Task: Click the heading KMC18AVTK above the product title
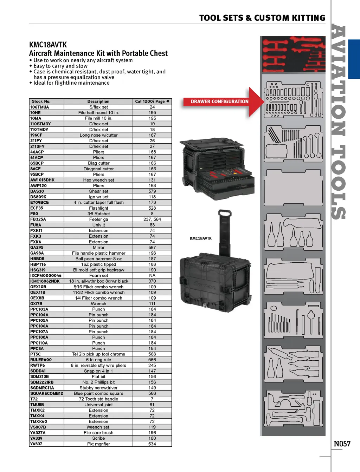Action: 48,45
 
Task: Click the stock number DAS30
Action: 37,191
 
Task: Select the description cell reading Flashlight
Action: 98,208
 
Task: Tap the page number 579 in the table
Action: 152,191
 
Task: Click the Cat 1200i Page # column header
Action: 152,101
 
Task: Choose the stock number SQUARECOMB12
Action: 47,394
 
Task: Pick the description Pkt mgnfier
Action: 98,444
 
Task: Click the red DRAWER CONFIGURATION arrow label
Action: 220,101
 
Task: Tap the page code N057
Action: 342,444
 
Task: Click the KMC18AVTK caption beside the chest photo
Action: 201,238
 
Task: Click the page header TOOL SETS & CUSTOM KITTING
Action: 262,18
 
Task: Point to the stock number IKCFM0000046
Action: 46,276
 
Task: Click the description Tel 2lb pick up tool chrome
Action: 98,354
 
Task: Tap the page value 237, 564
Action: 152,219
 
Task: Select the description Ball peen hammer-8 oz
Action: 98,259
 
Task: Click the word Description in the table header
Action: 98,101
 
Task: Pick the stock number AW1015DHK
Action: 42,180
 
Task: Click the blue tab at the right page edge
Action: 354,59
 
